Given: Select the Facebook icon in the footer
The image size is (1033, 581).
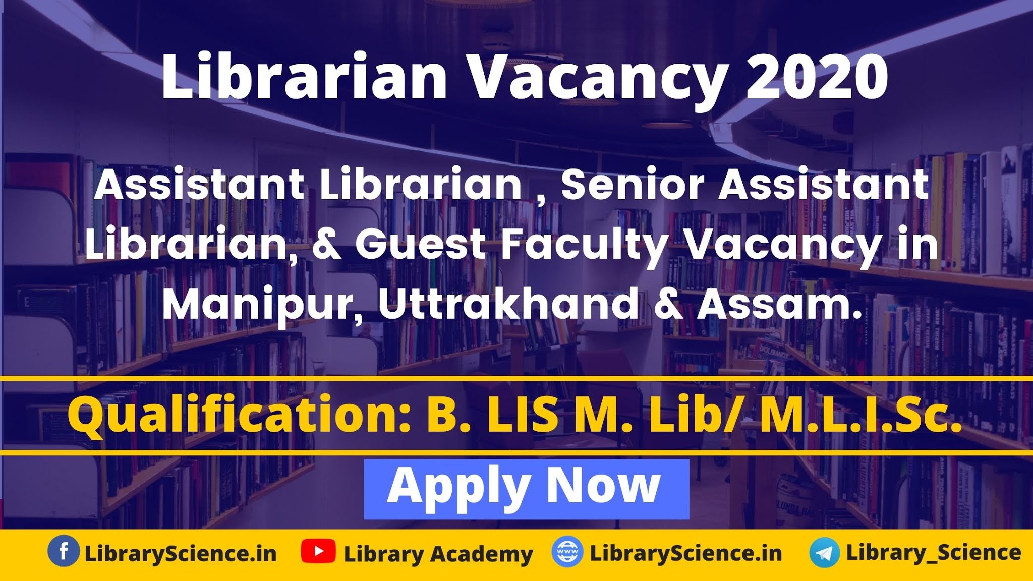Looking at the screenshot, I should coord(64,552).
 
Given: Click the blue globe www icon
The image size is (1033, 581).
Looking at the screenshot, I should coord(567,552).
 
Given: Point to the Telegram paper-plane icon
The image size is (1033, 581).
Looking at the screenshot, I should coord(824,553).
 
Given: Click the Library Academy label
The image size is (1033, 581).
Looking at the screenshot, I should coord(438,554).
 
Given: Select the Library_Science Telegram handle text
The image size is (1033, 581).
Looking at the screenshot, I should coord(934,553).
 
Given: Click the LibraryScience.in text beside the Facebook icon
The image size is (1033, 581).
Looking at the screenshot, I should coord(181,553).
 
